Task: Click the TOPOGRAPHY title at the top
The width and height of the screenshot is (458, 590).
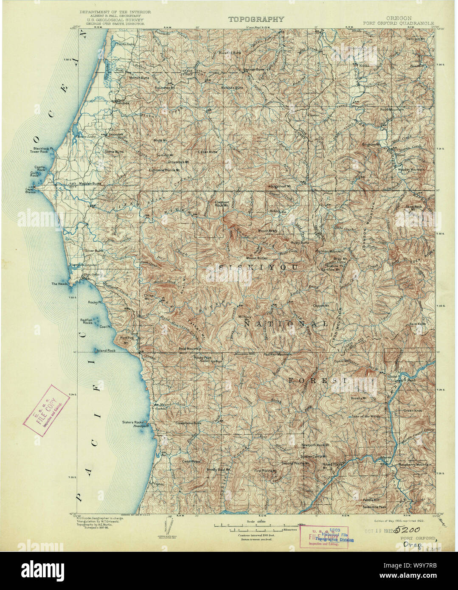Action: (x=256, y=19)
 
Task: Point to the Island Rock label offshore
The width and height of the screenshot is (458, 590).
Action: (x=106, y=351)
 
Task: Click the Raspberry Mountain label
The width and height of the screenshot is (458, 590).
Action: (x=414, y=465)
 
